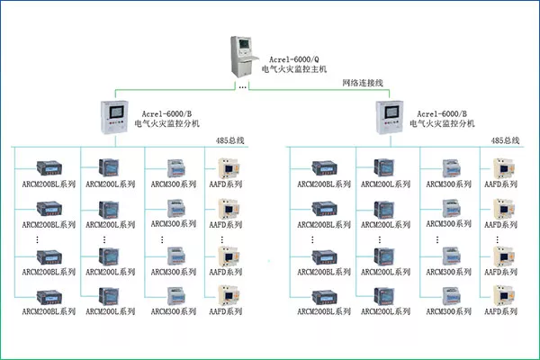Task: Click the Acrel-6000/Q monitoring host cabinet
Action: tap(244, 57)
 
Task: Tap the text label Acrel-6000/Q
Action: tap(293, 59)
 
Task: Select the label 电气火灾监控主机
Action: tap(294, 69)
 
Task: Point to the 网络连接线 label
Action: tap(363, 83)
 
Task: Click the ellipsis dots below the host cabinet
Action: tap(242, 87)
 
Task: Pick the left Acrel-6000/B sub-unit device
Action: tap(114, 117)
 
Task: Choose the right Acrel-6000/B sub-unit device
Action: tap(390, 117)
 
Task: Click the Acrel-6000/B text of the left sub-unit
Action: tap(166, 114)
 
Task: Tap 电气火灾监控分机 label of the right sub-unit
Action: tap(442, 123)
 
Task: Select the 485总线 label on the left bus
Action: tap(229, 140)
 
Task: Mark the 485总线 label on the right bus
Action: tap(505, 140)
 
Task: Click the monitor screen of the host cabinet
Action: tap(244, 44)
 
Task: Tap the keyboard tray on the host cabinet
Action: tap(249, 59)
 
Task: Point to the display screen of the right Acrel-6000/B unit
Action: tap(391, 112)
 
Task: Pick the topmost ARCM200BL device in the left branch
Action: tap(49, 167)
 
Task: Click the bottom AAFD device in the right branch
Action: tap(504, 295)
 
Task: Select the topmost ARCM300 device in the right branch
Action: tap(452, 168)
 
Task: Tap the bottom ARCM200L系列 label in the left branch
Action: tap(110, 311)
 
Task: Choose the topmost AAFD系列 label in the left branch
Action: tap(226, 184)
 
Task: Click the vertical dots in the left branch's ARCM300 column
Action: tap(162, 239)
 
